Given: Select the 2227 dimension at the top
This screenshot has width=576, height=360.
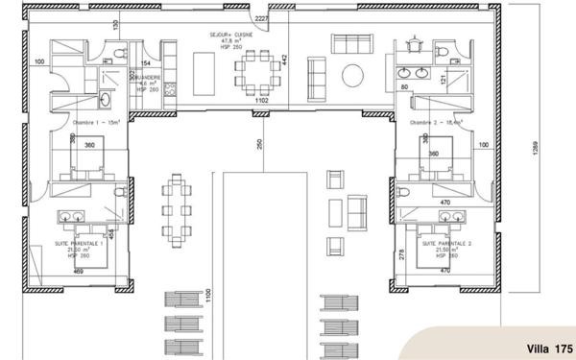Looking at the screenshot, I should pos(262,18).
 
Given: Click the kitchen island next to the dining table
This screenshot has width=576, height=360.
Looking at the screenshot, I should pos(204,70).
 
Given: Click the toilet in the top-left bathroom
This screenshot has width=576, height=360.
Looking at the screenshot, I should pos(116,53).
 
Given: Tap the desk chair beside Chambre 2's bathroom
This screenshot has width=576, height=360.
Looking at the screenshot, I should pos(412,44).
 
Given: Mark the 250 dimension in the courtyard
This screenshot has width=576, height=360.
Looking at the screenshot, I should pos(258,144).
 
